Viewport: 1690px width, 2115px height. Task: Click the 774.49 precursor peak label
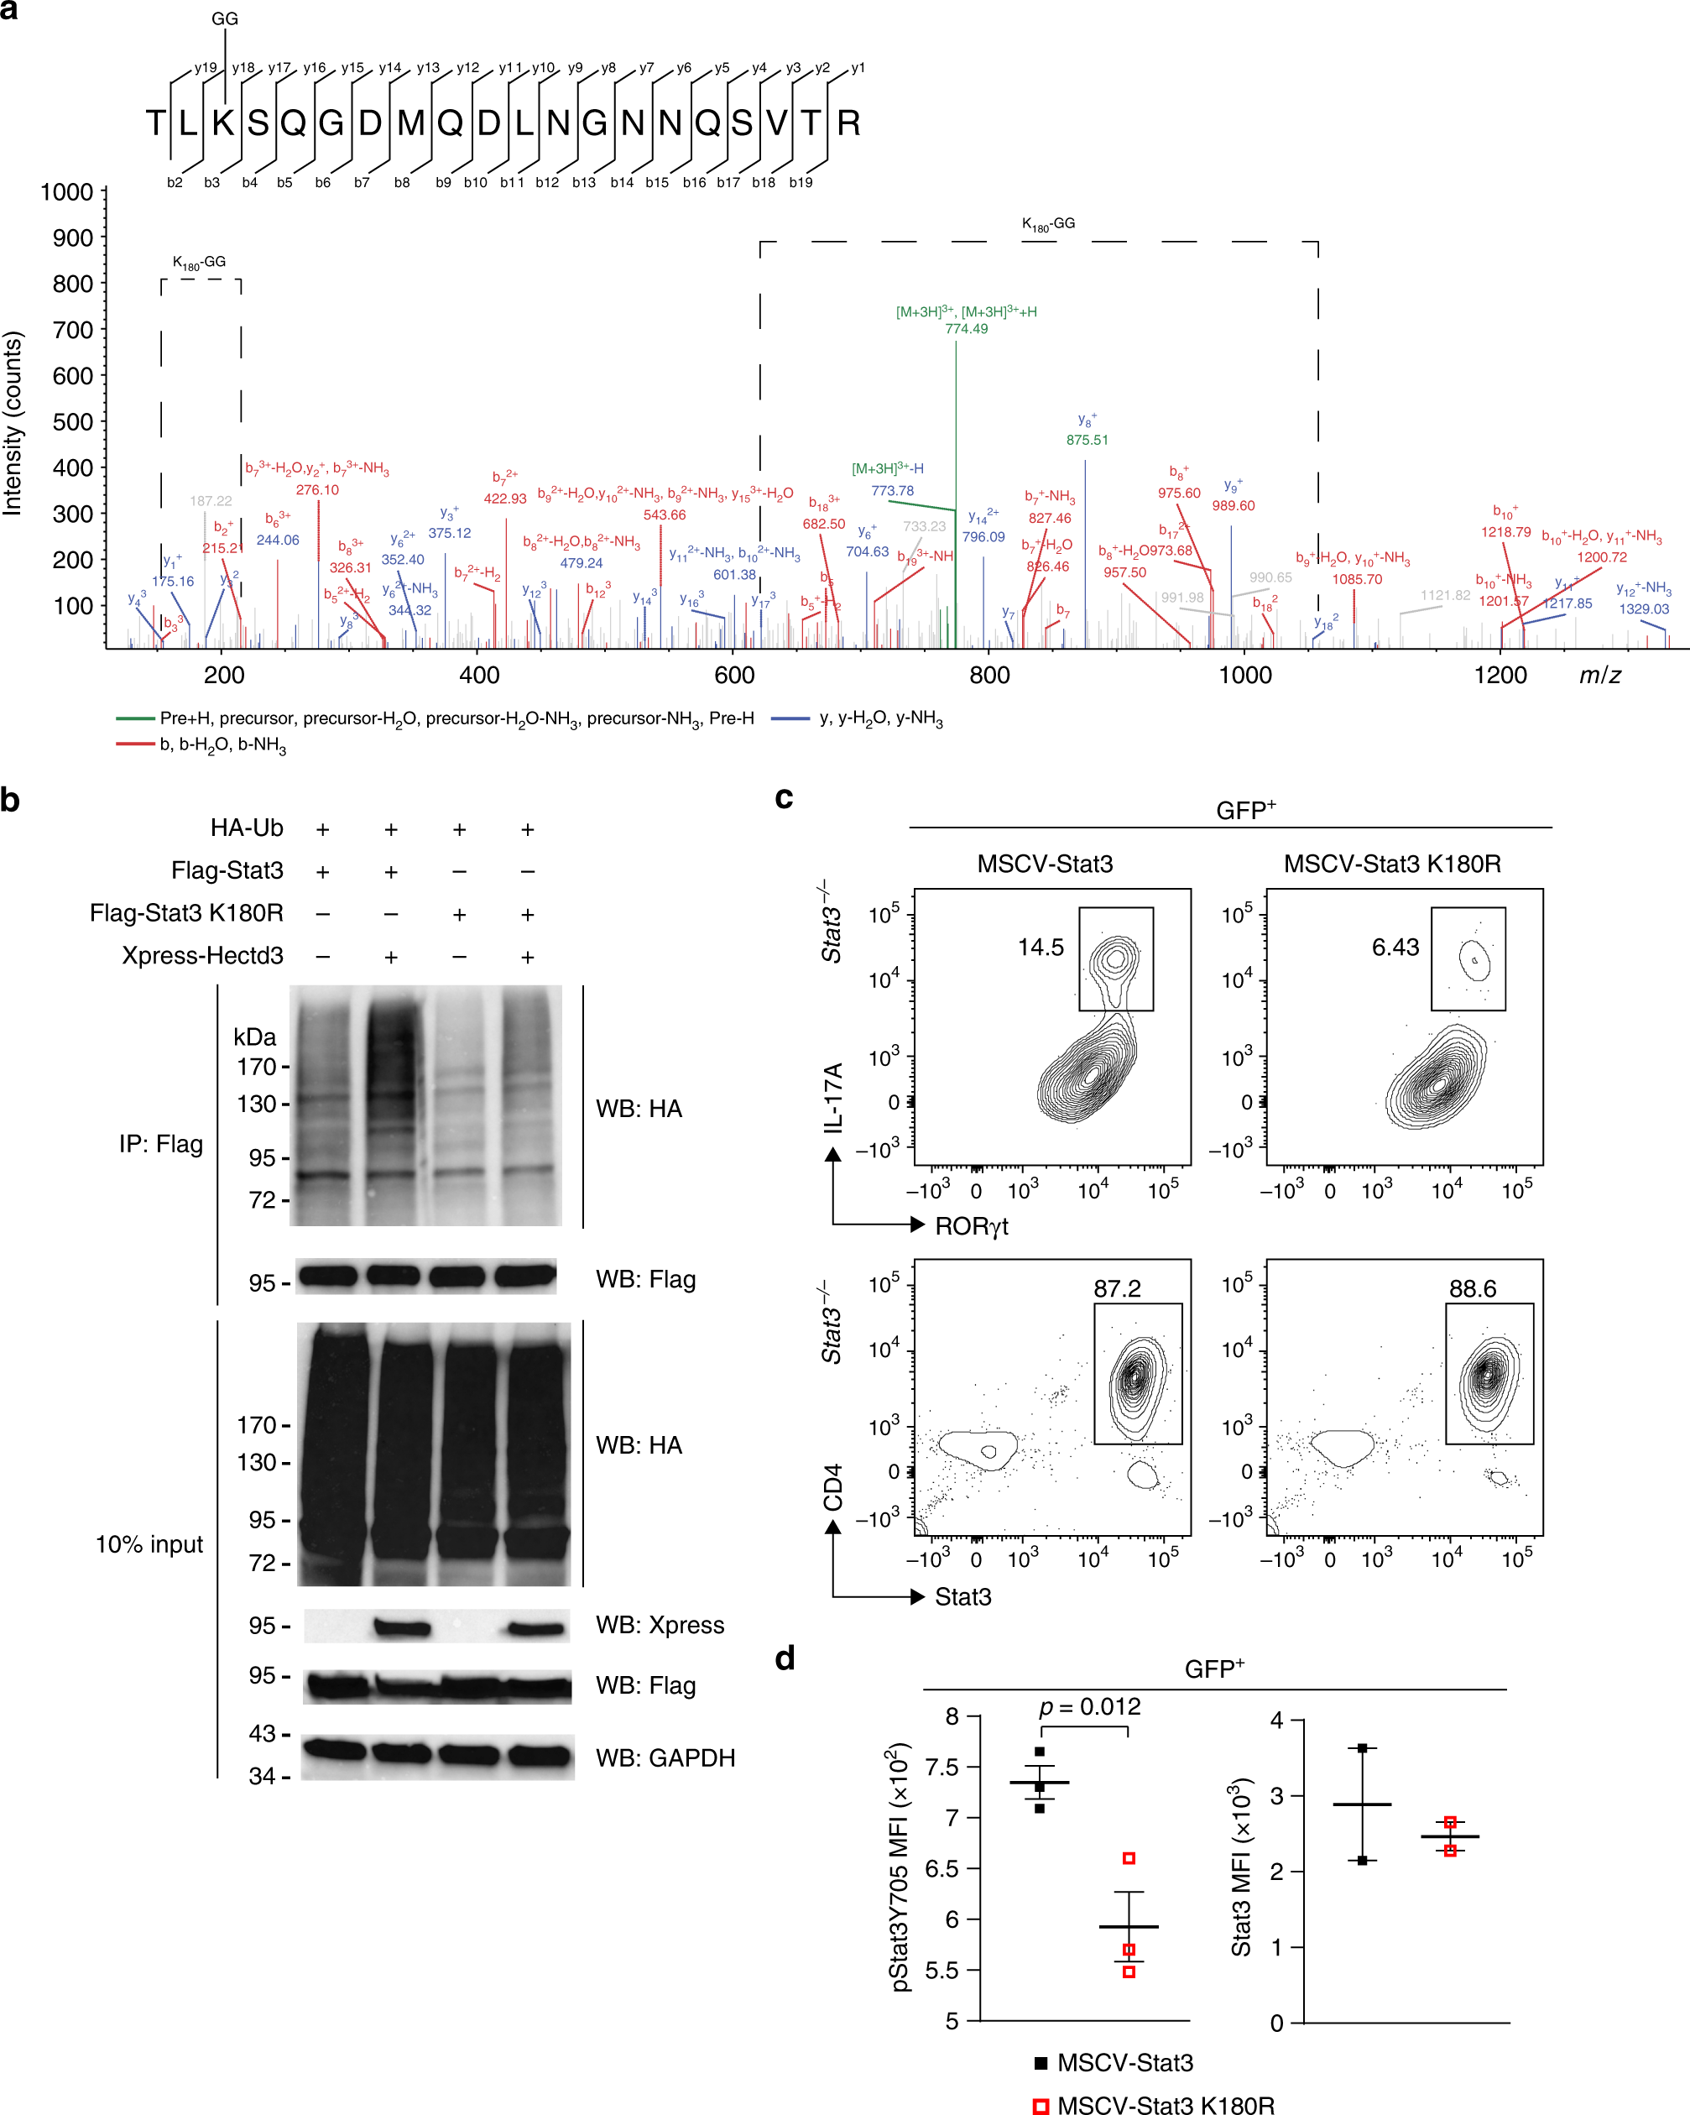tap(966, 329)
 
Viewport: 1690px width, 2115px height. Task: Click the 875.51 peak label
tap(1087, 440)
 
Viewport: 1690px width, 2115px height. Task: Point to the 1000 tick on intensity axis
tap(66, 192)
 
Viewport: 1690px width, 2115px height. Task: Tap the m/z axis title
tap(1599, 675)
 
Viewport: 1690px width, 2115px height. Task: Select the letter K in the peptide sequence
tap(224, 123)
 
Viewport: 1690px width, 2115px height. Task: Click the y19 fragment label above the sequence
tap(205, 68)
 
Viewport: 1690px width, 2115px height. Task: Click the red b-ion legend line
tap(135, 744)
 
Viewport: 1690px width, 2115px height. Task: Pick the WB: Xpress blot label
tap(659, 1625)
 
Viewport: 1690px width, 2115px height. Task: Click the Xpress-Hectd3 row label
tap(202, 955)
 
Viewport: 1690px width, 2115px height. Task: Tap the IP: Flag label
tap(161, 1144)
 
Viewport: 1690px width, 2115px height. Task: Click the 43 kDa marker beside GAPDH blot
tap(262, 1733)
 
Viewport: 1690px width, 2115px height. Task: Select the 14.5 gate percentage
tap(1040, 947)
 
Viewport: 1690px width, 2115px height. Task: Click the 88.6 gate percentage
tap(1473, 1288)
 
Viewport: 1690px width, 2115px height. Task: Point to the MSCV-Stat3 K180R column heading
tap(1392, 864)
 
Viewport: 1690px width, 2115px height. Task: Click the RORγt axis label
tap(971, 1226)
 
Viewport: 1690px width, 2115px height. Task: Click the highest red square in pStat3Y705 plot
tap(1129, 1858)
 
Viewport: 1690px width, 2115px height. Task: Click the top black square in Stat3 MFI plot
tap(1363, 1748)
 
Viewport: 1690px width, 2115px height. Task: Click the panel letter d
tap(785, 1658)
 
